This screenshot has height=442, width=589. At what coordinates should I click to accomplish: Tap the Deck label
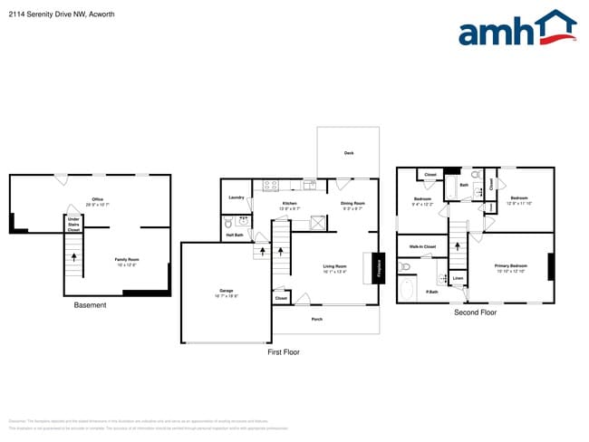point(349,153)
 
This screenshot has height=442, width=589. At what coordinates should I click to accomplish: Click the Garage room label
point(227,291)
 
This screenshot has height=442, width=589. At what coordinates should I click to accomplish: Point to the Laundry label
point(237,197)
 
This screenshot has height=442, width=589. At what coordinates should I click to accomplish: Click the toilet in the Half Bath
point(228,221)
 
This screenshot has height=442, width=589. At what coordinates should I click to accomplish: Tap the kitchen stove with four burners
point(270,185)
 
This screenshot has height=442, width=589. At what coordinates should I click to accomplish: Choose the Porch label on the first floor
point(317,319)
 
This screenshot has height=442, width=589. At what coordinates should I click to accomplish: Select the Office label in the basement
point(98,199)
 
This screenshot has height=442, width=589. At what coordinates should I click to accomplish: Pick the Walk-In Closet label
point(423,246)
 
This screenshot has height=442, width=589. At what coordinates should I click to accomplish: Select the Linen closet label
point(459,277)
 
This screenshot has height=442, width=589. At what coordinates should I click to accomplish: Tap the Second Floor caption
point(475,312)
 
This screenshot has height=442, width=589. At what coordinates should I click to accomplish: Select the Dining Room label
point(352,204)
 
